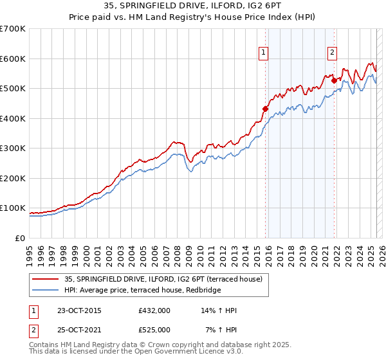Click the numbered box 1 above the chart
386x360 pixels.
coord(264,53)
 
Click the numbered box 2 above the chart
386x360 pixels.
coord(332,53)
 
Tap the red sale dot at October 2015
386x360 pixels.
coord(265,109)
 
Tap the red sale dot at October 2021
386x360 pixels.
coord(333,81)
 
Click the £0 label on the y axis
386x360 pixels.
coord(20,238)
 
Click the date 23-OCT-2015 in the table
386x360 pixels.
coord(80,310)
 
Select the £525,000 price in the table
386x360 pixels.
coord(154,330)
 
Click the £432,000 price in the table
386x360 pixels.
coord(154,310)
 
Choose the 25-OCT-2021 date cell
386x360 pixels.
coord(80,330)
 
